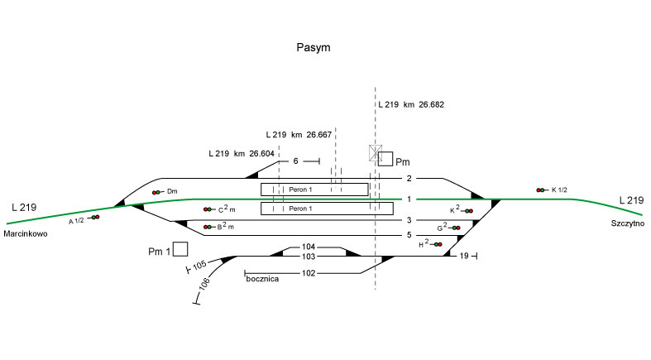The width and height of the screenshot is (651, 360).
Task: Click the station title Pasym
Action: coord(314,48)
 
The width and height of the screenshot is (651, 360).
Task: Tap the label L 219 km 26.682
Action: coord(411,105)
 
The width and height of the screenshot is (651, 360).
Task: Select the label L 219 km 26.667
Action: coord(299,134)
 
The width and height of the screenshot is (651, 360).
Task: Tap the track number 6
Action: coord(295,161)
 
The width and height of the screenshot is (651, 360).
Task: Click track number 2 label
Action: coord(409,179)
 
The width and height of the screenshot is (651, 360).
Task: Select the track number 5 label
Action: coord(409,235)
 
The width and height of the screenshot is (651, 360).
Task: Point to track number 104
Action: coord(309,247)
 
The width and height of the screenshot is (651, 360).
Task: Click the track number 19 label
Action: coord(464,257)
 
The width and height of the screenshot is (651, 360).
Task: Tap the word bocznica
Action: coord(262,281)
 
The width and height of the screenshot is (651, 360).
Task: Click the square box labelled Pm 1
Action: coord(180,248)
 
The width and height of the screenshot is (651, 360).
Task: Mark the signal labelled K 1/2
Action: coord(542,190)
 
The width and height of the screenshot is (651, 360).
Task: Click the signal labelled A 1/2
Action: coord(95,217)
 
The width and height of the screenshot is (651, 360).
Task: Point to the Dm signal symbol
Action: coord(156,192)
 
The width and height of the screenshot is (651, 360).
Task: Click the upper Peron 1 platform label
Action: coord(301,190)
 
